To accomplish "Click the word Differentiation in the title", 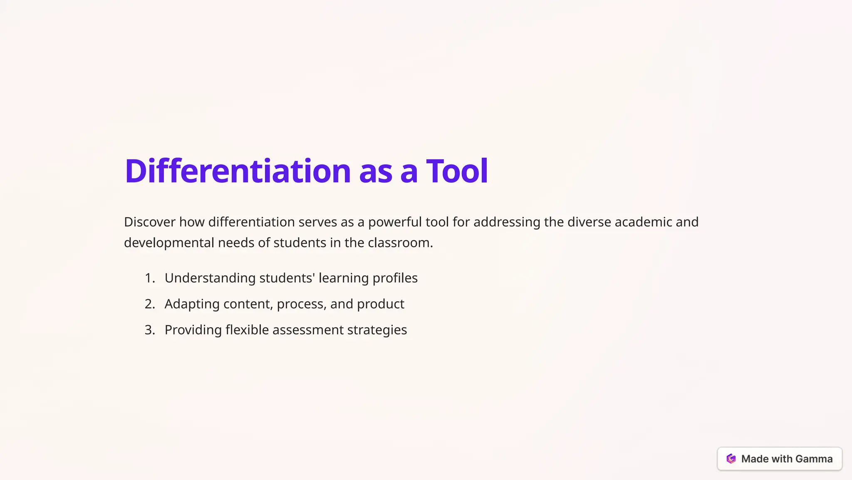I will (238, 171).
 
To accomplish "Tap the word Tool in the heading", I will (457, 171).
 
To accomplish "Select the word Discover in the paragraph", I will (149, 222).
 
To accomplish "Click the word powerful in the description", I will (395, 222).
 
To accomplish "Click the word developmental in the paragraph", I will (169, 243).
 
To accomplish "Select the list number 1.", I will (149, 278).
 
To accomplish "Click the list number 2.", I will (149, 304).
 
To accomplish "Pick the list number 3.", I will (149, 330).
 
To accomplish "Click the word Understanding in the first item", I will (210, 278).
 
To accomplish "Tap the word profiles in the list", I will (395, 278).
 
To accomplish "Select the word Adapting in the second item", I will (192, 304).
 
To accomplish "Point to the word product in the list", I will (380, 304).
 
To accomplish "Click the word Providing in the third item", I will (193, 330).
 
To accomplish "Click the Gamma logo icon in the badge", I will (731, 459).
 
